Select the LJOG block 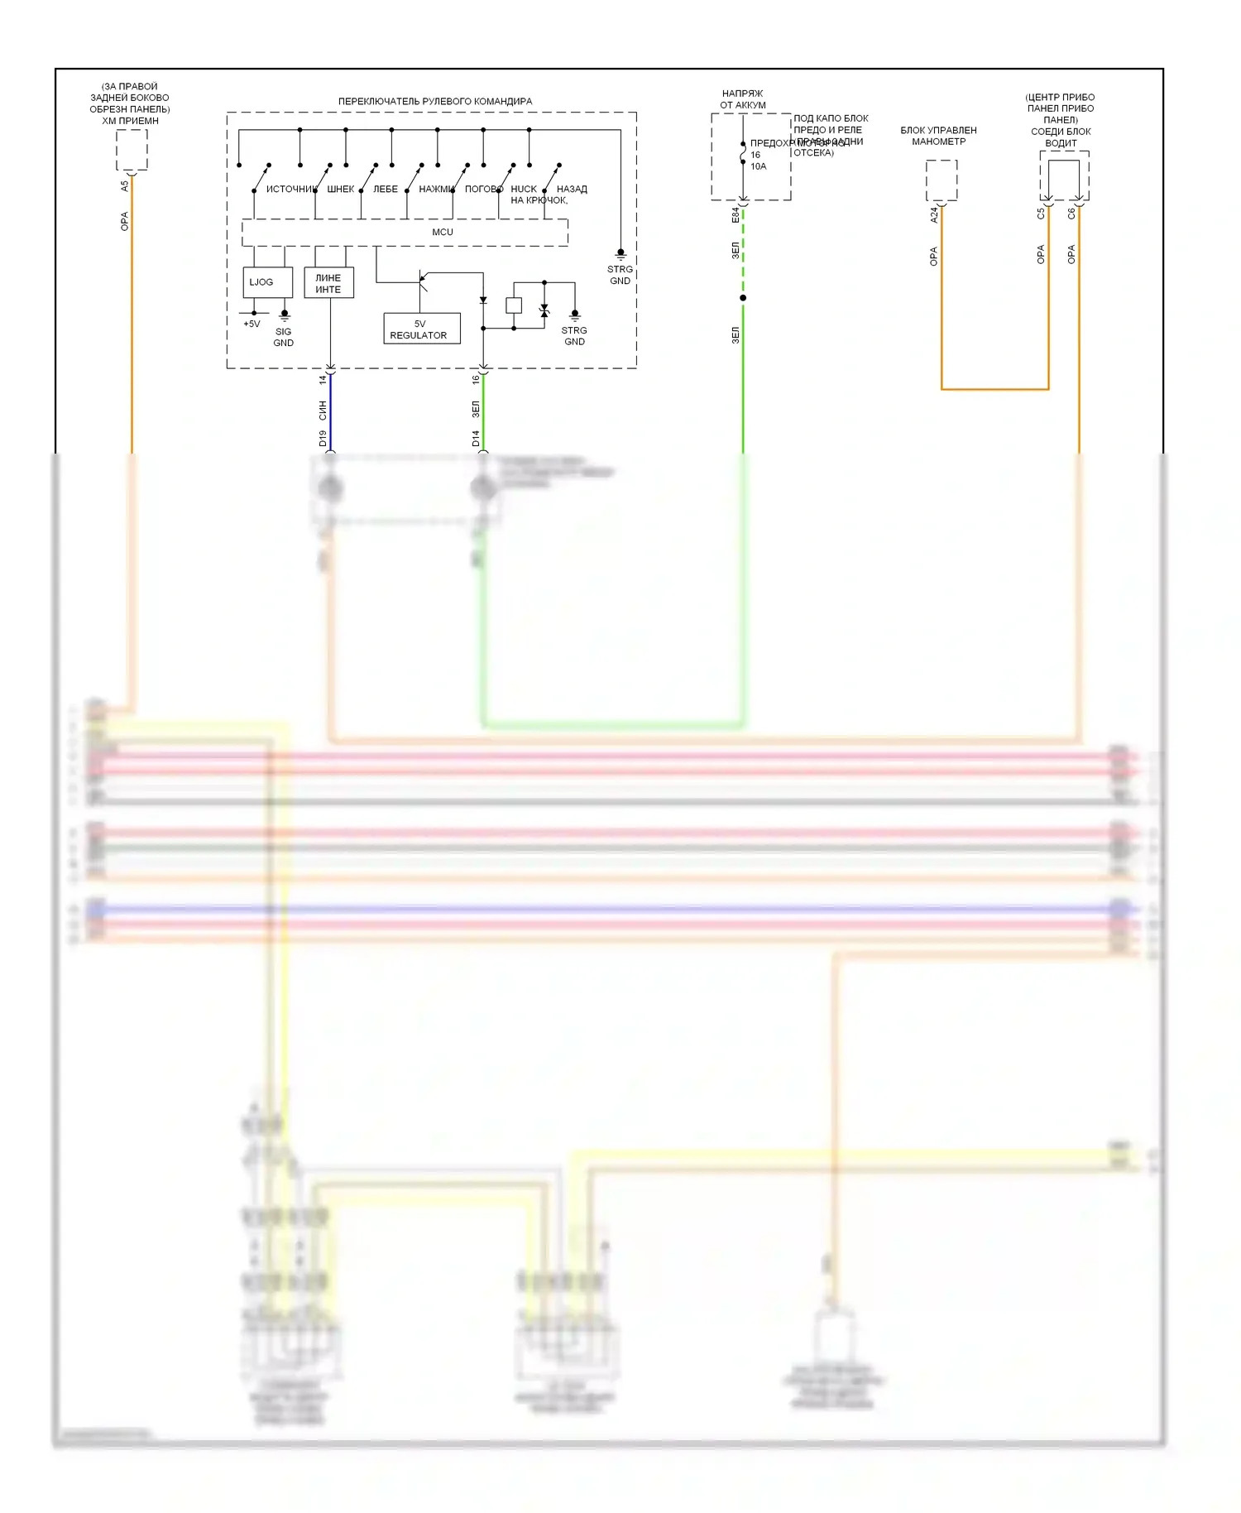pyautogui.click(x=267, y=282)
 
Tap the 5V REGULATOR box pyautogui.click(x=421, y=329)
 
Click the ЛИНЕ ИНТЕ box pyautogui.click(x=328, y=283)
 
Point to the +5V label pyautogui.click(x=252, y=324)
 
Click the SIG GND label pyautogui.click(x=284, y=337)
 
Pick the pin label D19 pyautogui.click(x=323, y=439)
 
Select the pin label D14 pyautogui.click(x=476, y=439)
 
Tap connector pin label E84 pyautogui.click(x=735, y=215)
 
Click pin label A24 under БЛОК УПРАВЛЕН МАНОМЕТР pyautogui.click(x=934, y=215)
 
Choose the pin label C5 pyautogui.click(x=1041, y=214)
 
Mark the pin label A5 pyautogui.click(x=125, y=186)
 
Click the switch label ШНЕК pyautogui.click(x=340, y=190)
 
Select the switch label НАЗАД pyautogui.click(x=572, y=190)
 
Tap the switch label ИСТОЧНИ pyautogui.click(x=290, y=190)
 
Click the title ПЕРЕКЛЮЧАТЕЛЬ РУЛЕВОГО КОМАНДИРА pyautogui.click(x=435, y=101)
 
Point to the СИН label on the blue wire pyautogui.click(x=323, y=410)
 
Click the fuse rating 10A pyautogui.click(x=759, y=166)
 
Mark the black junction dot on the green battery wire pyautogui.click(x=743, y=298)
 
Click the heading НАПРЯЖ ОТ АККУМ pyautogui.click(x=742, y=99)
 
